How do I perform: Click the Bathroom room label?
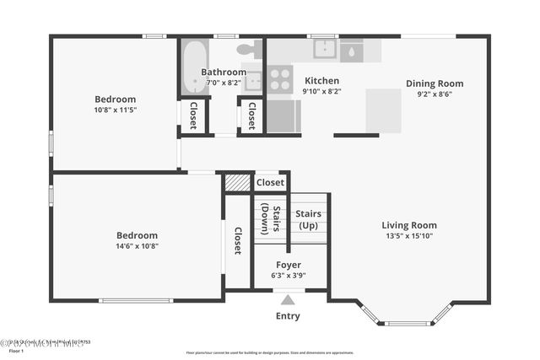pyautogui.click(x=224, y=73)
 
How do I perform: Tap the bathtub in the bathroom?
pyautogui.click(x=193, y=67)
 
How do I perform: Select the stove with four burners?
pyautogui.click(x=279, y=79)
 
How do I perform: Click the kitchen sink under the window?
pyautogui.click(x=325, y=49)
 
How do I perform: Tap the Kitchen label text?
pyautogui.click(x=321, y=81)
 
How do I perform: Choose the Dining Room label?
pyautogui.click(x=435, y=83)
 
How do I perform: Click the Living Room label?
pyautogui.click(x=409, y=225)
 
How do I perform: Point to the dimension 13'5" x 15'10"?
pyautogui.click(x=409, y=236)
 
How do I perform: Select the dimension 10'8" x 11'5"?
pyautogui.click(x=115, y=110)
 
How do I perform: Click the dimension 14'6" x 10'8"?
pyautogui.click(x=137, y=246)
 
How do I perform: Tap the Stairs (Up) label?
pyautogui.click(x=307, y=220)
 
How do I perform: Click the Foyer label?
pyautogui.click(x=288, y=265)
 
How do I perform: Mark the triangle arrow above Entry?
pyautogui.click(x=288, y=299)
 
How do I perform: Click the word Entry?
pyautogui.click(x=288, y=316)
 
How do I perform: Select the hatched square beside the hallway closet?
pyautogui.click(x=238, y=182)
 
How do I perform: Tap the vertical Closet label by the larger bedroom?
pyautogui.click(x=238, y=241)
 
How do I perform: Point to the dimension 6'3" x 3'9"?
pyautogui.click(x=288, y=275)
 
